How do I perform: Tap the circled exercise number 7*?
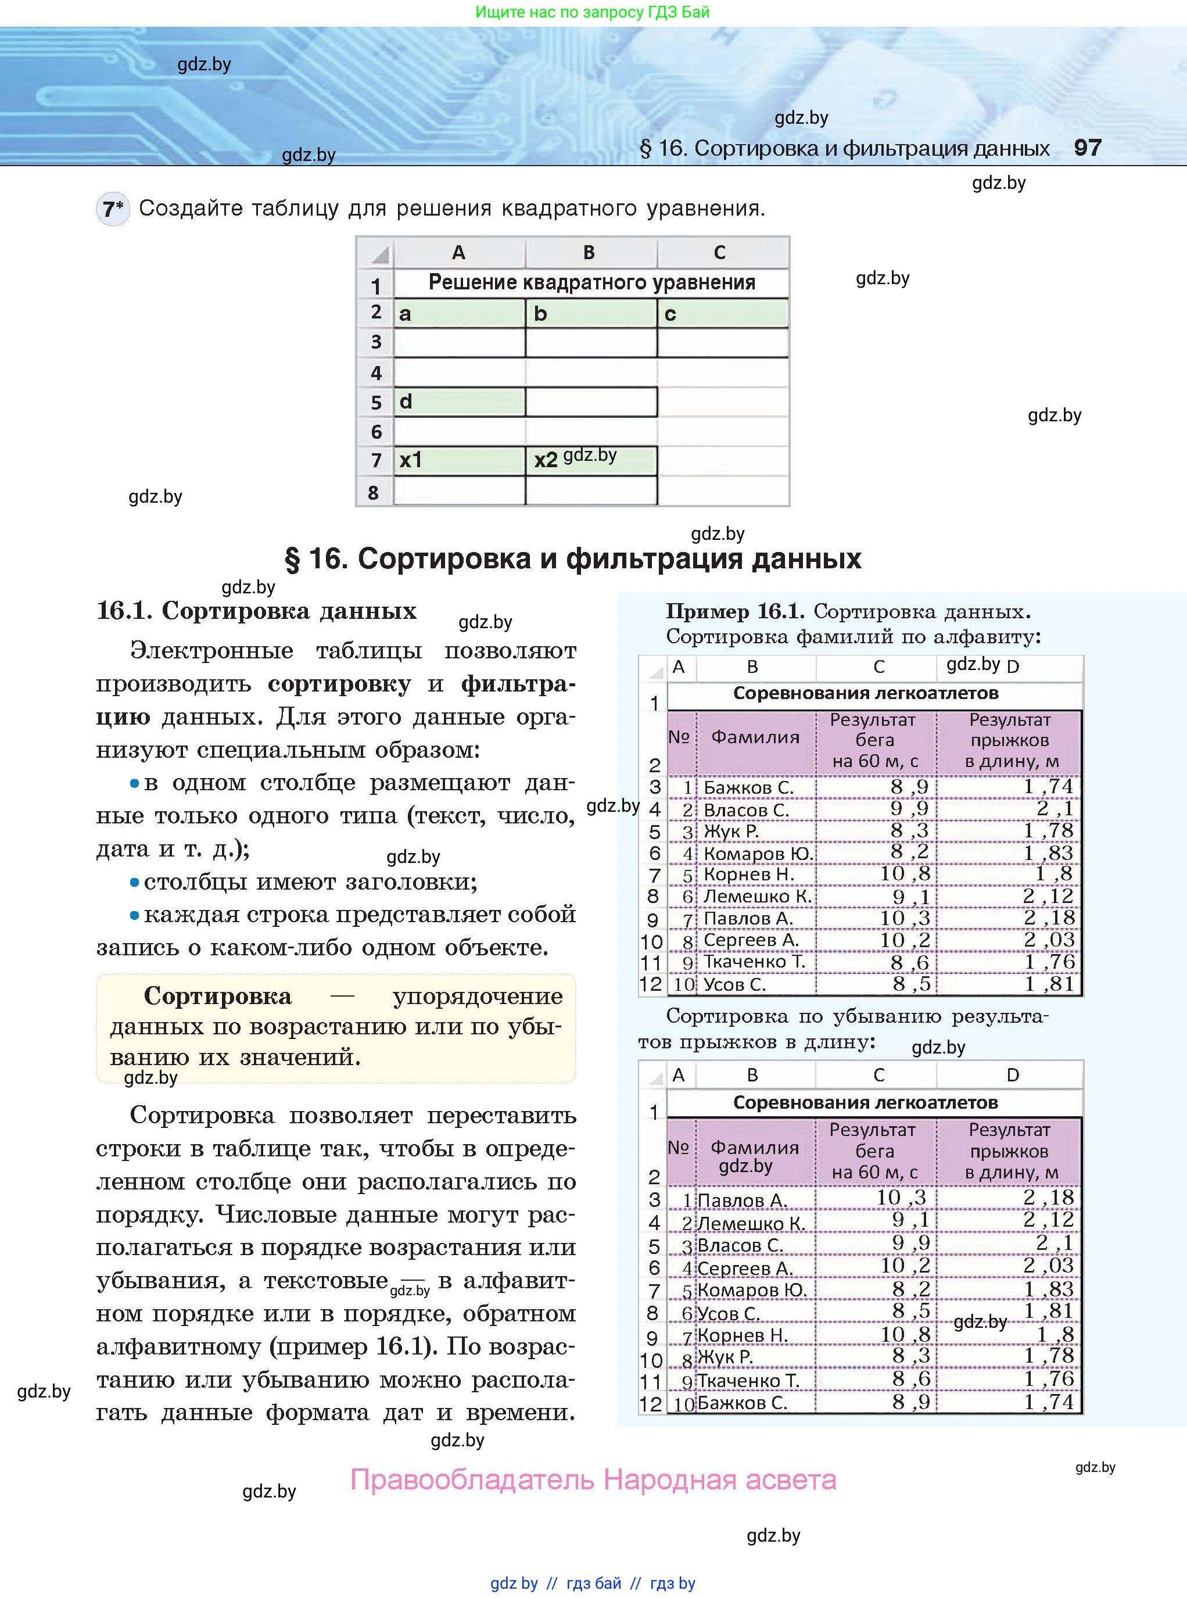point(113,209)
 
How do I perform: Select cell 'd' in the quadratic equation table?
point(458,402)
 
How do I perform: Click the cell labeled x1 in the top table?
point(458,460)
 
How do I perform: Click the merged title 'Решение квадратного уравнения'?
point(591,282)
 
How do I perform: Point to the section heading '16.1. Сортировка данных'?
point(256,611)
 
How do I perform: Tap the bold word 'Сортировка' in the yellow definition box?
point(218,996)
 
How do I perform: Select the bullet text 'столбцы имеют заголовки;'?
point(310,882)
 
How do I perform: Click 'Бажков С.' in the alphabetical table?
point(748,787)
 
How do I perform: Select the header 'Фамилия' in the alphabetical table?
point(755,737)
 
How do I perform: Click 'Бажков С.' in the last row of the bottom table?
point(742,1403)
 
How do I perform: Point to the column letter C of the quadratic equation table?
point(719,252)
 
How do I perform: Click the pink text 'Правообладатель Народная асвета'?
point(593,1479)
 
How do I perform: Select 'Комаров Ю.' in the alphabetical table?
point(757,854)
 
